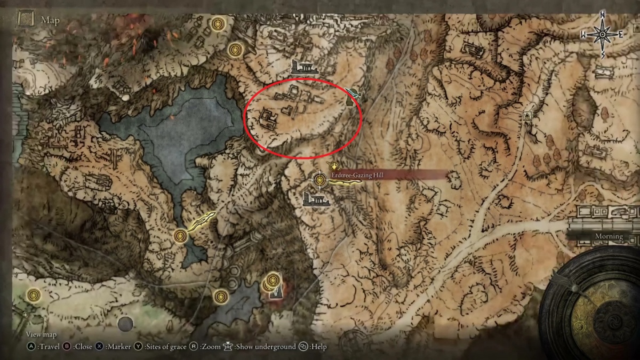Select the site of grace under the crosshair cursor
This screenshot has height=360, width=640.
point(319,180)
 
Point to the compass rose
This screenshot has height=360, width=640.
point(603,35)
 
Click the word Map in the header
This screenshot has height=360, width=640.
point(50,21)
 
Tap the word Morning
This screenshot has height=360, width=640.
point(609,236)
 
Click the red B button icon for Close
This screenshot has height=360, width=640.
point(67,347)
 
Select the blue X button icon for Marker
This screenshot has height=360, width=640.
point(100,347)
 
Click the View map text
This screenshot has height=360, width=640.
point(41,334)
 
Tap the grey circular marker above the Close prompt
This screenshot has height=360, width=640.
point(125,323)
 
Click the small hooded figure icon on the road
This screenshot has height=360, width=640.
point(527,116)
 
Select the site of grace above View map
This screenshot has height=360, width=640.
point(34,294)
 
